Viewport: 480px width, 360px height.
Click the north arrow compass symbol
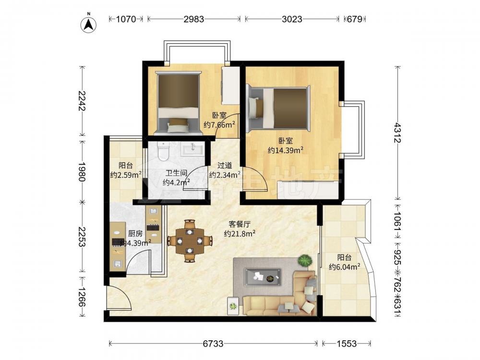coord(88,24)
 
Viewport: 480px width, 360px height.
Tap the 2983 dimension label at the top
coord(194,19)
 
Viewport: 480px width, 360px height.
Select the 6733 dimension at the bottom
coord(213,344)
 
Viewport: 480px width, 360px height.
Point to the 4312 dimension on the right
coord(397,132)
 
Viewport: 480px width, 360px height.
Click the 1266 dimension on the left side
coord(82,297)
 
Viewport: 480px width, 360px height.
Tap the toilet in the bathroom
coord(164,151)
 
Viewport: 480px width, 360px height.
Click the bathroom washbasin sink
coord(192,149)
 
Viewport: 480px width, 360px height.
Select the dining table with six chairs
coord(190,241)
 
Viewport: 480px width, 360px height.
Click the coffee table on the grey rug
coord(263,277)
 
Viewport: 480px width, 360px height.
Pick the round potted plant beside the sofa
coord(305,261)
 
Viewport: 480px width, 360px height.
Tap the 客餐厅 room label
coord(240,224)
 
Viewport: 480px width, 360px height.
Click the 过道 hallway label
coord(224,166)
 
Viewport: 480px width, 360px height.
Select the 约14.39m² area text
coord(286,150)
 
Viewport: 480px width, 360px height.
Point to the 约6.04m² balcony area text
coord(344,267)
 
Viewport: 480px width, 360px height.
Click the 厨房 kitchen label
coord(135,234)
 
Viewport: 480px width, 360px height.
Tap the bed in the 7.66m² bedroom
coord(178,103)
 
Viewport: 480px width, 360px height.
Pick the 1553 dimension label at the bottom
coord(347,344)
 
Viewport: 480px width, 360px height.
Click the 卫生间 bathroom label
coord(176,173)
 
